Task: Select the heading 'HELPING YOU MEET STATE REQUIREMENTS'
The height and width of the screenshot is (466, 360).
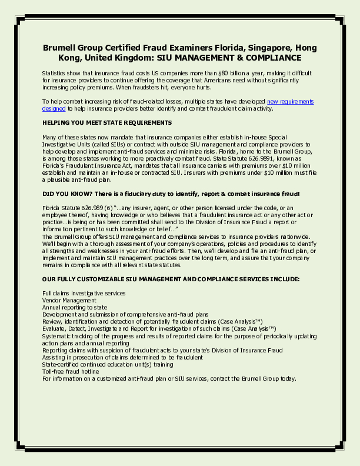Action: click(107, 122)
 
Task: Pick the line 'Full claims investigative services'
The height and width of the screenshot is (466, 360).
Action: click(84, 293)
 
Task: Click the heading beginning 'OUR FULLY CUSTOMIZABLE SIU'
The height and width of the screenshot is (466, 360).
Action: click(171, 278)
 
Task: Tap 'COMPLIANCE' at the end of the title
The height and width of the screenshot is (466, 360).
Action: click(265, 58)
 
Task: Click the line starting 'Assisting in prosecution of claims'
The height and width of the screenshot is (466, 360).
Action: click(122, 357)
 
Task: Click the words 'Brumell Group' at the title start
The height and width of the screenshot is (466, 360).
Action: click(71, 47)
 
